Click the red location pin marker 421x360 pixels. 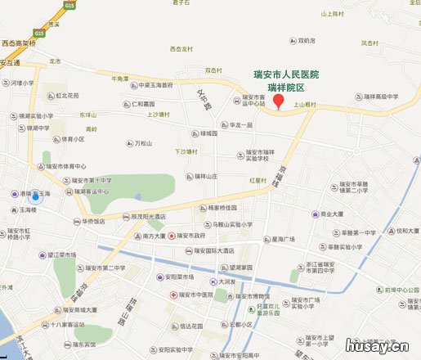pyautogui.click(x=278, y=101)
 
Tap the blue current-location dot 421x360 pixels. pyautogui.click(x=34, y=196)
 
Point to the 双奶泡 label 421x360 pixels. pyautogui.click(x=307, y=40)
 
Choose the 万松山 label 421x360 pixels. pyautogui.click(x=142, y=144)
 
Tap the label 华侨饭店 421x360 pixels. pyautogui.click(x=91, y=221)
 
